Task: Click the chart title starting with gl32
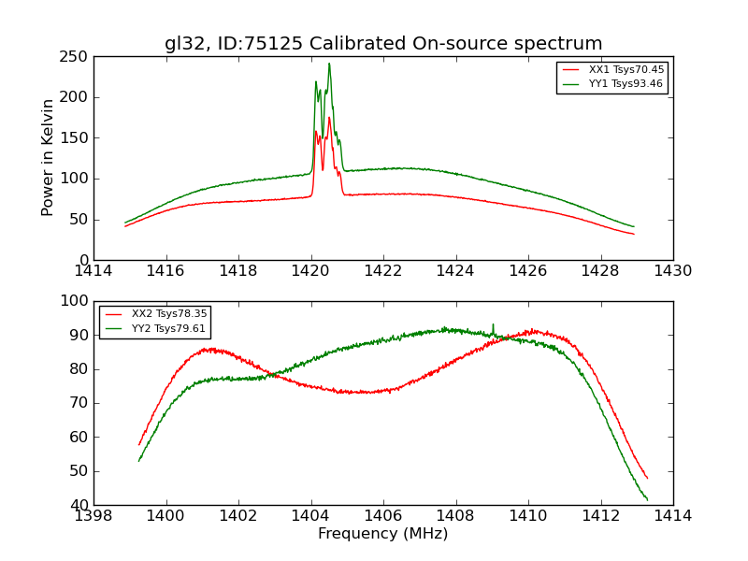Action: pos(383,44)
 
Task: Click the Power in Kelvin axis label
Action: pos(49,158)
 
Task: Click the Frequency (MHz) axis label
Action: pos(383,534)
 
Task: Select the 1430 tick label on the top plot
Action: pos(673,271)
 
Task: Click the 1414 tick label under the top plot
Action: pos(93,271)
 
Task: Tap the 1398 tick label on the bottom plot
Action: pos(93,515)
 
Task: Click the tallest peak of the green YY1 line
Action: pos(329,64)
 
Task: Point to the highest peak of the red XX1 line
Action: pos(329,117)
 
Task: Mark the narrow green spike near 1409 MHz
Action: pos(493,324)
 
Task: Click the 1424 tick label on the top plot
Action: pos(456,271)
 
